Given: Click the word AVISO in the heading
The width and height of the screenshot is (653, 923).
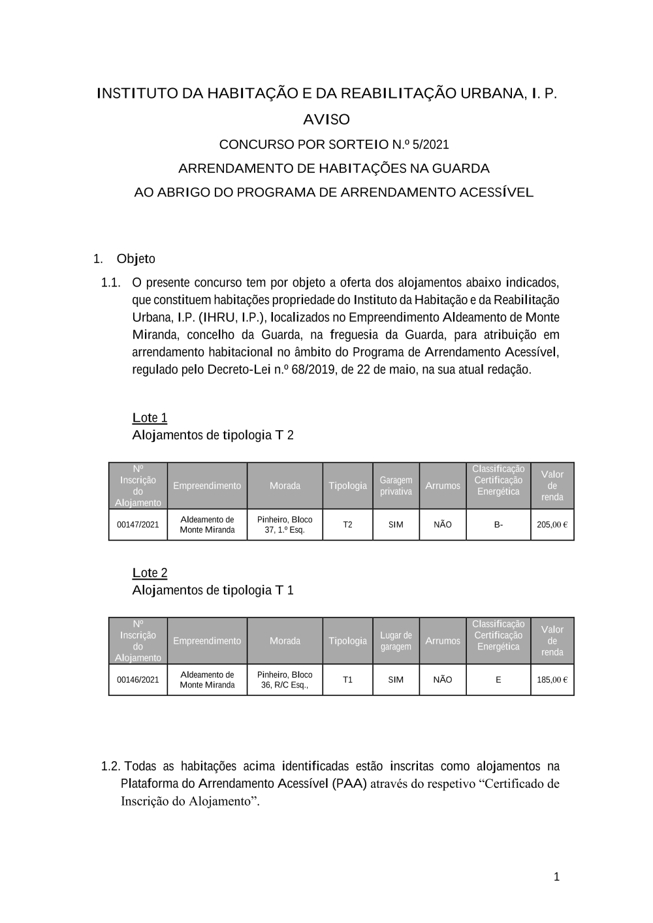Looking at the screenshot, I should pos(326,119).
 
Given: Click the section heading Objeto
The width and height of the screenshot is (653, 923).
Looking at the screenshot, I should pos(136,259).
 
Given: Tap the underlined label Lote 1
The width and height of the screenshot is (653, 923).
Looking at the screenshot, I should pos(150,418).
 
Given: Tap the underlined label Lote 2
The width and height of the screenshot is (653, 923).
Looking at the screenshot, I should pos(150,573).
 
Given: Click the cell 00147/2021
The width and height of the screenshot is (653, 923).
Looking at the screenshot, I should pos(138,525).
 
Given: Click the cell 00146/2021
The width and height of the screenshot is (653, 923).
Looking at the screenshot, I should pos(138,680).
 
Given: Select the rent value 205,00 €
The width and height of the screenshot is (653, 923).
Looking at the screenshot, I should pos(552,525).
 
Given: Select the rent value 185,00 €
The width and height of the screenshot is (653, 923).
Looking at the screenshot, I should pos(552,680).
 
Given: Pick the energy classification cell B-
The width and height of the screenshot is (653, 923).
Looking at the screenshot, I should pos(498,525).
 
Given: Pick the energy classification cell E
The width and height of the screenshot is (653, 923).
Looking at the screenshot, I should pos(498,680).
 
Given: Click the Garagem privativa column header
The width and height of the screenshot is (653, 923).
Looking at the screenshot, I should pos(396,486).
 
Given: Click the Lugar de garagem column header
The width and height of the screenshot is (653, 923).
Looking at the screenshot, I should pos(396,641).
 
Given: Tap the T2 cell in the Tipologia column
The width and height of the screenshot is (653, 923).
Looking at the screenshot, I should pos(347,525).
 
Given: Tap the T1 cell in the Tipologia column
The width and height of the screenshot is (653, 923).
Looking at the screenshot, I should pos(347,680).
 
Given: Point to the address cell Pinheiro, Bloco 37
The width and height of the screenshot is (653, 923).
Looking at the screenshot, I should pos(285,525).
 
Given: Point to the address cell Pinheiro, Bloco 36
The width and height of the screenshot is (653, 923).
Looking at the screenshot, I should pos(285,680).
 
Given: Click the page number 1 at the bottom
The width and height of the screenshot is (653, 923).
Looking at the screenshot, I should pos(556,877).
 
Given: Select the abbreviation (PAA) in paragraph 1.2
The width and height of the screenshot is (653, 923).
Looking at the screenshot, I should pos(349,783).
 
